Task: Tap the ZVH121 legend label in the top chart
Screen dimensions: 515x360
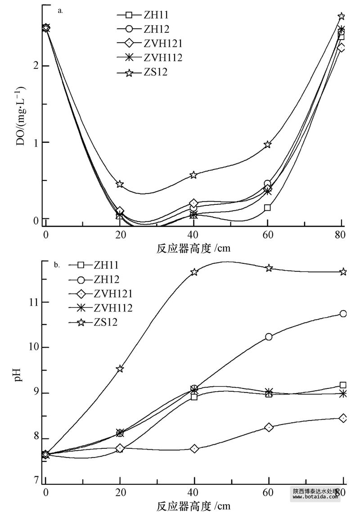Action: (153, 44)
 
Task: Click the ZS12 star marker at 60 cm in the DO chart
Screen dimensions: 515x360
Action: (268, 144)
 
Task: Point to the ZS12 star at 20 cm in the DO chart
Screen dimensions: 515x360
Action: (120, 184)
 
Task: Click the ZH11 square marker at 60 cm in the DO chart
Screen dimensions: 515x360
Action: (268, 208)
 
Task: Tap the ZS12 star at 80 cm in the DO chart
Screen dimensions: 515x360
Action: (341, 17)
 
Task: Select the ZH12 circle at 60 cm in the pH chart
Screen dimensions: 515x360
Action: (269, 337)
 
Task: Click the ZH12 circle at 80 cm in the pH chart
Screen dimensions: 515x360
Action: (343, 314)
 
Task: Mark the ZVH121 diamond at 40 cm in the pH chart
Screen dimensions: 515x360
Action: (194, 449)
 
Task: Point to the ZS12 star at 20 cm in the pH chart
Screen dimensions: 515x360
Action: (120, 369)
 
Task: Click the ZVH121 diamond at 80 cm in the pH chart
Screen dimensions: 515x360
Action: (343, 418)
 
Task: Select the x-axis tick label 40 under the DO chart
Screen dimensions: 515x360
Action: (193, 234)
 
